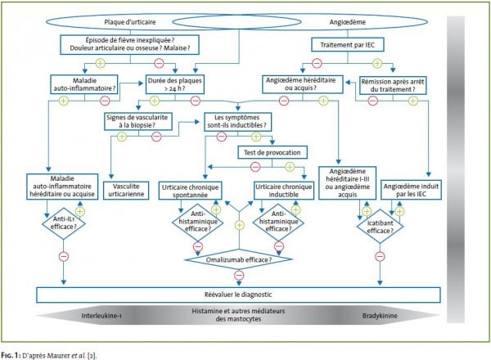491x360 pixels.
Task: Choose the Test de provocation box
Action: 269,153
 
